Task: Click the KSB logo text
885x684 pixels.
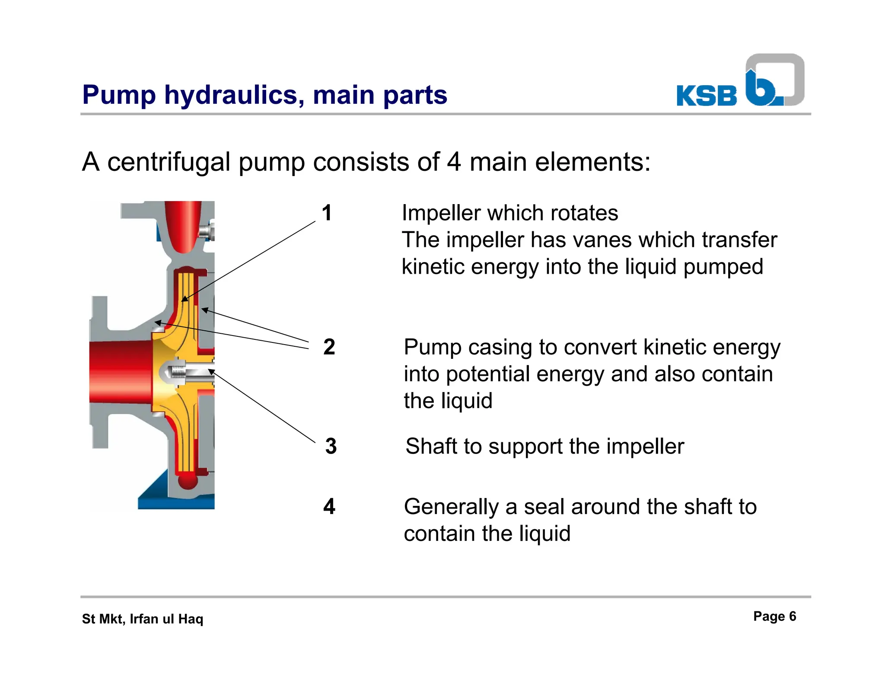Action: pos(707,96)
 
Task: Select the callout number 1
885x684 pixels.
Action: pos(327,213)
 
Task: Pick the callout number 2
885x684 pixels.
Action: pos(329,347)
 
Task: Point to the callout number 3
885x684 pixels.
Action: pos(331,446)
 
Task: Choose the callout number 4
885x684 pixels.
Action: pos(329,506)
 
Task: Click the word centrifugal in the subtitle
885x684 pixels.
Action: pos(169,162)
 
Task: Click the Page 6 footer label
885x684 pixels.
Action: pos(774,616)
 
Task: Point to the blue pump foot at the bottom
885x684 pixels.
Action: pos(173,497)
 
